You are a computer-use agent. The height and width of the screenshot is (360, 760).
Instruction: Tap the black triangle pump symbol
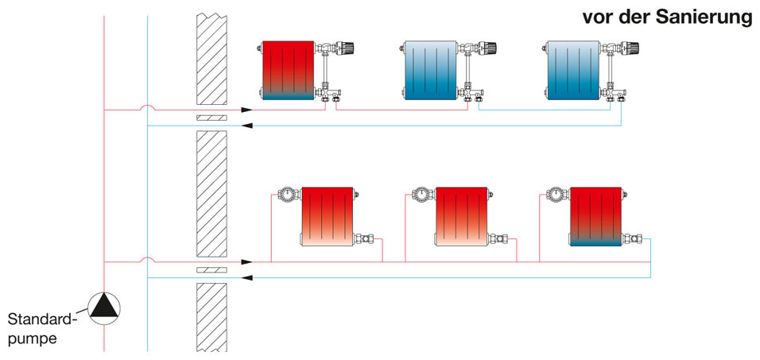pyautogui.click(x=103, y=308)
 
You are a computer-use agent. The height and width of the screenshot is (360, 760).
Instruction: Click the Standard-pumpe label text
pyautogui.click(x=41, y=329)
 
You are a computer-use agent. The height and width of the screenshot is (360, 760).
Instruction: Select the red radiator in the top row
pyautogui.click(x=288, y=71)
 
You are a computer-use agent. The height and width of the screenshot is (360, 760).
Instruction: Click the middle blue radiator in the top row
pyautogui.click(x=430, y=71)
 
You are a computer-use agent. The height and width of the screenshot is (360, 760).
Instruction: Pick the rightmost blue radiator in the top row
pyautogui.click(x=573, y=71)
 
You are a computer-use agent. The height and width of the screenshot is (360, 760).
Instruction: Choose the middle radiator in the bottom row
pyautogui.click(x=461, y=217)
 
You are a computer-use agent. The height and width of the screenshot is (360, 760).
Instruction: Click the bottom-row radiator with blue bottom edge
pyautogui.click(x=595, y=217)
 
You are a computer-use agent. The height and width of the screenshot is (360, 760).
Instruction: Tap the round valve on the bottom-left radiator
pyautogui.click(x=286, y=194)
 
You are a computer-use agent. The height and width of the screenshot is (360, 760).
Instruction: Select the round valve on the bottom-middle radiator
pyautogui.click(x=421, y=194)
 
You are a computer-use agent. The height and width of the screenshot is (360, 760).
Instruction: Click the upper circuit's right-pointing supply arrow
pyautogui.click(x=247, y=110)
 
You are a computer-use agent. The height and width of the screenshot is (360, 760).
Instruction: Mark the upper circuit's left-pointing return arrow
pyautogui.click(x=247, y=126)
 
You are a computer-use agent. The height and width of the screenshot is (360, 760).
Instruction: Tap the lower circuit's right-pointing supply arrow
pyautogui.click(x=247, y=261)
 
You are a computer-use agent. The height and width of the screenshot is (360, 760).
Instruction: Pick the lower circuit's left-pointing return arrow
pyautogui.click(x=247, y=277)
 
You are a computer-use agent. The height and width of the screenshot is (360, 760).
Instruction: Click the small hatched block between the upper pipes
pyautogui.click(x=211, y=118)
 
